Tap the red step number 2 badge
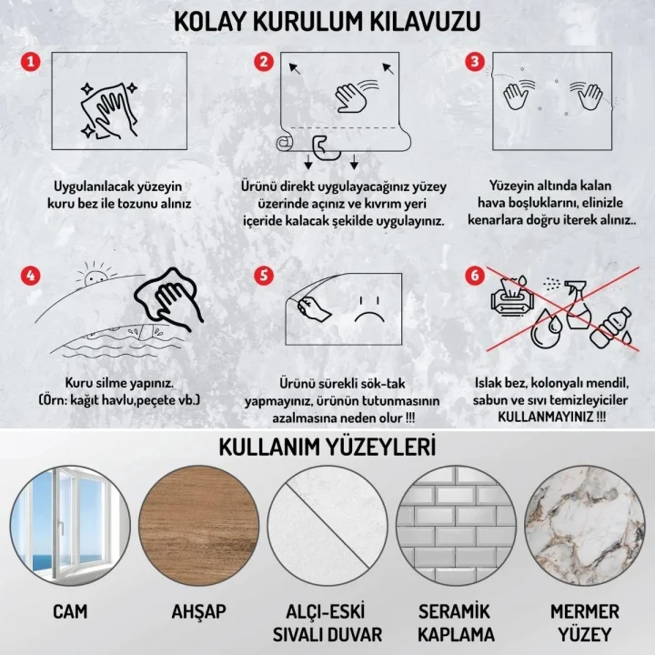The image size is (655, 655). [x=264, y=62]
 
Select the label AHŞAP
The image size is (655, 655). [x=197, y=611]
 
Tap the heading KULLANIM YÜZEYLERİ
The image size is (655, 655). [x=327, y=447]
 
